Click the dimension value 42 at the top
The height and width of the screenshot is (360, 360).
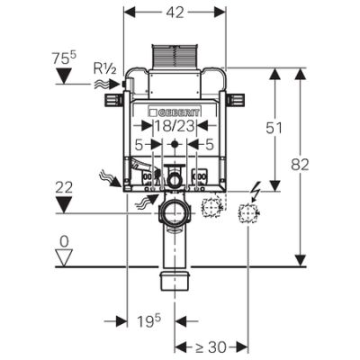click(175, 12)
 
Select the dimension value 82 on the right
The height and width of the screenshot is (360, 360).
click(300, 165)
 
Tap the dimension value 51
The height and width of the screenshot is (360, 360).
click(274, 128)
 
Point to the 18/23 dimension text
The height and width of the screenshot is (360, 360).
click(175, 126)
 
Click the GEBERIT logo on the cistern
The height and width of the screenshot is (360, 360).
click(174, 112)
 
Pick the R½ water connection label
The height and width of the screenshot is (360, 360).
click(104, 68)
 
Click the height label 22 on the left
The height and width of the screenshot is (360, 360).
click(64, 188)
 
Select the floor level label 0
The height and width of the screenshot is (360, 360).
click(64, 242)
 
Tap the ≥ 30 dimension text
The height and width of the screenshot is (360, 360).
click(211, 347)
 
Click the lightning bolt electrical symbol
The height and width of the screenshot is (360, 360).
click(255, 192)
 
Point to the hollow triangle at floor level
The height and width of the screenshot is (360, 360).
click(65, 257)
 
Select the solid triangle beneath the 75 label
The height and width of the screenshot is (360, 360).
click(65, 76)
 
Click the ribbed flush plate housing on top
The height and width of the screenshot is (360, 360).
click(175, 57)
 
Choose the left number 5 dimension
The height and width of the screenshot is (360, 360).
click(139, 145)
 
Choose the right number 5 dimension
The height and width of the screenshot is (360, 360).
click(210, 145)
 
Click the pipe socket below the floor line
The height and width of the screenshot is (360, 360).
click(175, 280)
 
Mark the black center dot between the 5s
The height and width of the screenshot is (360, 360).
click(175, 144)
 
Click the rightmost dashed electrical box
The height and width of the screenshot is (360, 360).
click(247, 213)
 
